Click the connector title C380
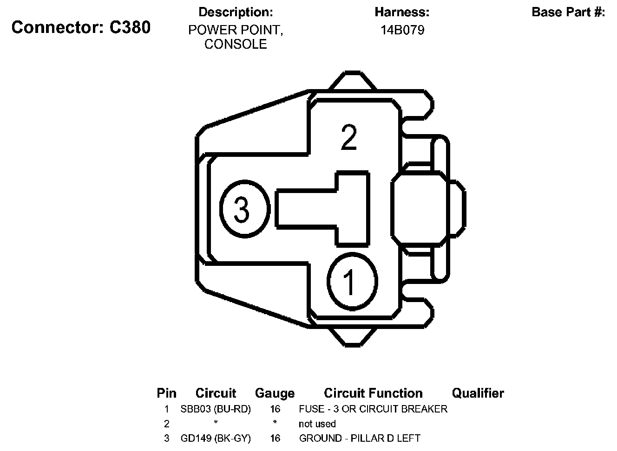point(81,28)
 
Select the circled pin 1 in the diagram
point(352,281)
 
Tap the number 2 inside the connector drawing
point(348,137)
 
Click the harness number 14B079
point(402,31)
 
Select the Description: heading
point(236,12)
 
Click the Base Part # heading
point(568,12)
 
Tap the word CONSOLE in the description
point(236,45)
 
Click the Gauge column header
point(275,393)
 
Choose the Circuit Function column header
point(373,393)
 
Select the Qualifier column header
point(478,393)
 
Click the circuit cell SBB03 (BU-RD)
point(216,409)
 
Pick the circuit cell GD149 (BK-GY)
point(216,438)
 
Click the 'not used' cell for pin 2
point(317,424)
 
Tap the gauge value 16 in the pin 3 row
point(275,438)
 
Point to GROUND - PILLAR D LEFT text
point(360,438)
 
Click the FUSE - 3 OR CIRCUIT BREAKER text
point(373,409)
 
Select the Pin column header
point(166,393)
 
